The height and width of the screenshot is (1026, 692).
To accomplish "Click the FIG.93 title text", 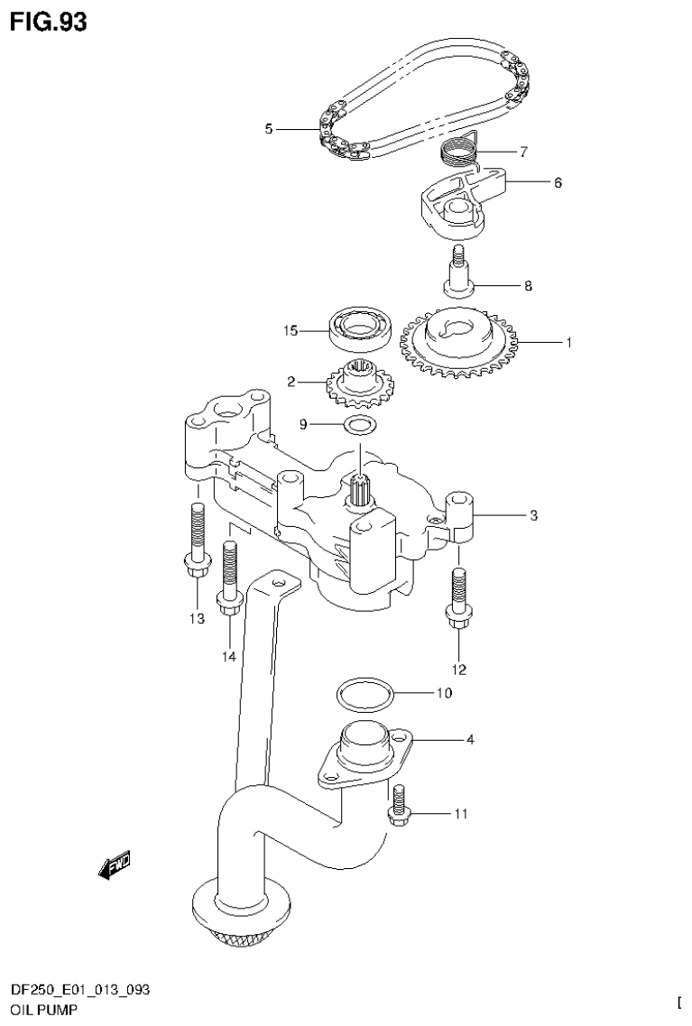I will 50,22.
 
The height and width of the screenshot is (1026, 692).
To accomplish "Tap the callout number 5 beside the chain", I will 268,130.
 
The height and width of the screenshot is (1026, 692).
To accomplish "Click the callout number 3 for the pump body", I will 533,516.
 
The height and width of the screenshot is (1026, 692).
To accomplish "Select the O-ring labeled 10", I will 364,695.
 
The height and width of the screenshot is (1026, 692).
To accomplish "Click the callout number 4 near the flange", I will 469,741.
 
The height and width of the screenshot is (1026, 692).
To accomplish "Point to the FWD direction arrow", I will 115,867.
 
